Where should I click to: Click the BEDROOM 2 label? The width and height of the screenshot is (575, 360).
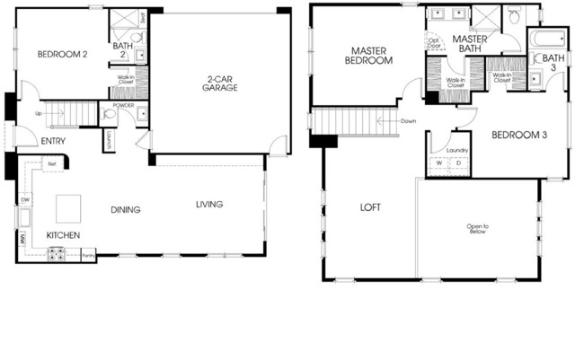(x=62, y=55)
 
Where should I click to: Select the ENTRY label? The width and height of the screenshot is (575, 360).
(x=53, y=140)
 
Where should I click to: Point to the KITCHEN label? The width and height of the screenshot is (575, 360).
(x=64, y=235)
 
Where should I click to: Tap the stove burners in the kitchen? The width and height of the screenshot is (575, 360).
(x=57, y=254)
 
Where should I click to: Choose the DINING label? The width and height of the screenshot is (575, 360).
(x=125, y=210)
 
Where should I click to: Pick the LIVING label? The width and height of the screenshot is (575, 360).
(x=209, y=205)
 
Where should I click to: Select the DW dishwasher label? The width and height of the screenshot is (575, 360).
(x=25, y=199)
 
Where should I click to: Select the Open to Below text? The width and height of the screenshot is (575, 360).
(x=477, y=228)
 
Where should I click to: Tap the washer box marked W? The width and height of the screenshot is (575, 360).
(x=439, y=162)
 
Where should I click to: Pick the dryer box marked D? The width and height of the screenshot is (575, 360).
(x=457, y=162)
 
